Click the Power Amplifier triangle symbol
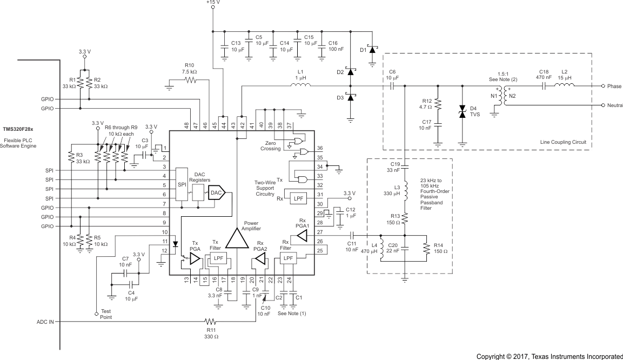[236, 237]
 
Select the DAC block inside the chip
[216, 192]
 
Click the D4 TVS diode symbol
[462, 112]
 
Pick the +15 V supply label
[213, 3]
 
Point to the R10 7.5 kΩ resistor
[190, 80]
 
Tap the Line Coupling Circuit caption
[562, 142]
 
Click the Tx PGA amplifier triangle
[194, 260]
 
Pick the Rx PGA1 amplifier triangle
[302, 235]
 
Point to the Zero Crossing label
[270, 145]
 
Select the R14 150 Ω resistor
[427, 248]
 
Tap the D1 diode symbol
[372, 49]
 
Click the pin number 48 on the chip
[186, 125]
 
